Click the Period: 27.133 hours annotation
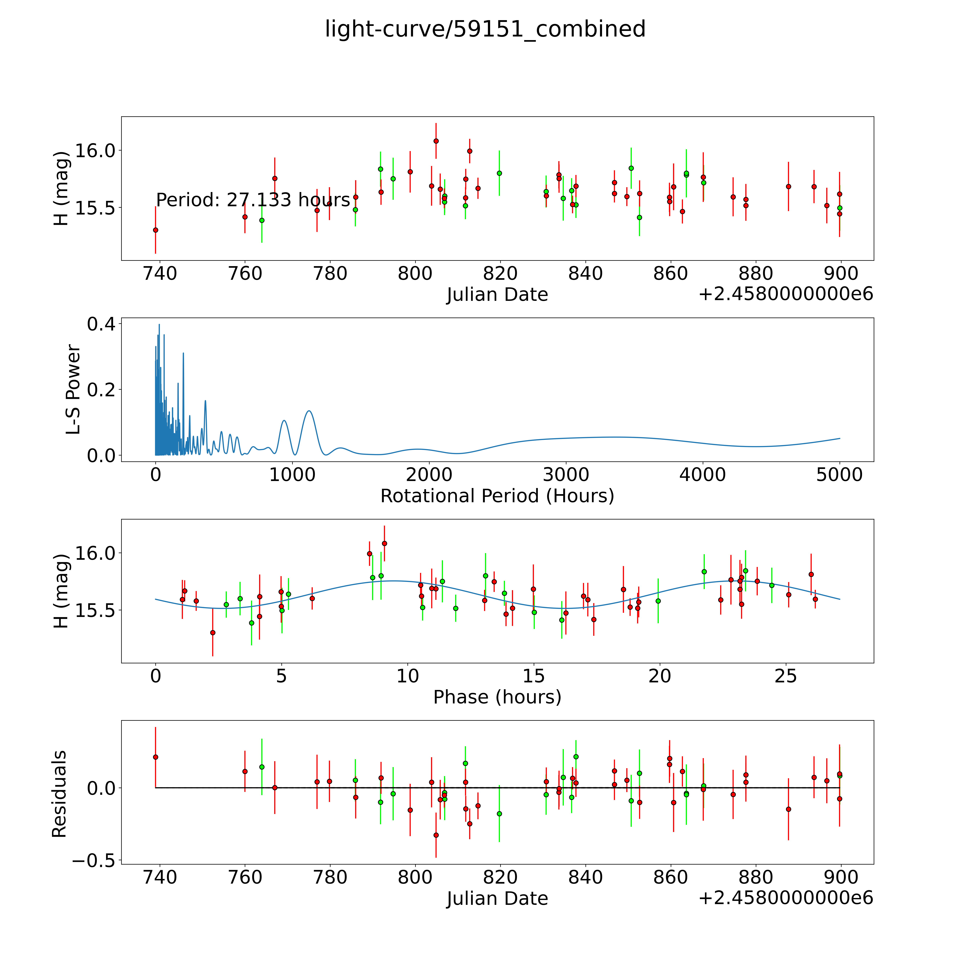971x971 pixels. [253, 200]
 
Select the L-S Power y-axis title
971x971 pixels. [73, 389]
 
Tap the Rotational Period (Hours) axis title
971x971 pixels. [497, 496]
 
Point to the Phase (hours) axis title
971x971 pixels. [497, 697]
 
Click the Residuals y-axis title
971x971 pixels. [59, 794]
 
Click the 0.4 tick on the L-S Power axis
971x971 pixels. [101, 324]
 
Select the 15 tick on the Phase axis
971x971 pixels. [534, 676]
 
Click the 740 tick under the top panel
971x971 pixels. [160, 274]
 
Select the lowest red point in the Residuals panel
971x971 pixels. [436, 835]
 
